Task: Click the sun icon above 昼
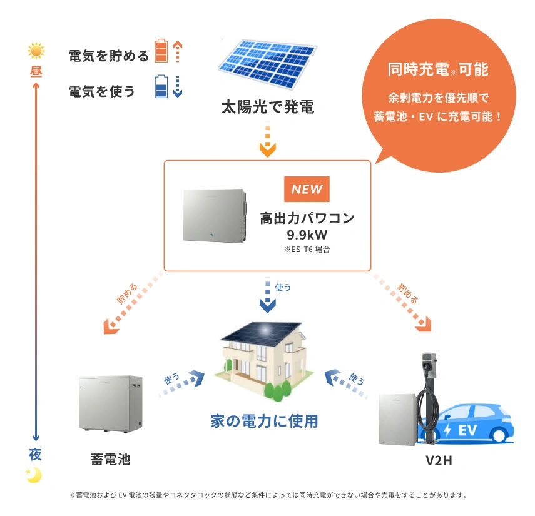click(x=36, y=51)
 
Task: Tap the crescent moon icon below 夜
click(x=34, y=475)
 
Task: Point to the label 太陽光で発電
click(x=267, y=107)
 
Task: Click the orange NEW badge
click(x=307, y=190)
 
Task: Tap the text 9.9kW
click(x=307, y=235)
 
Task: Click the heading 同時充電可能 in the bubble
click(x=437, y=69)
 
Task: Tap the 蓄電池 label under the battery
click(x=110, y=459)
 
